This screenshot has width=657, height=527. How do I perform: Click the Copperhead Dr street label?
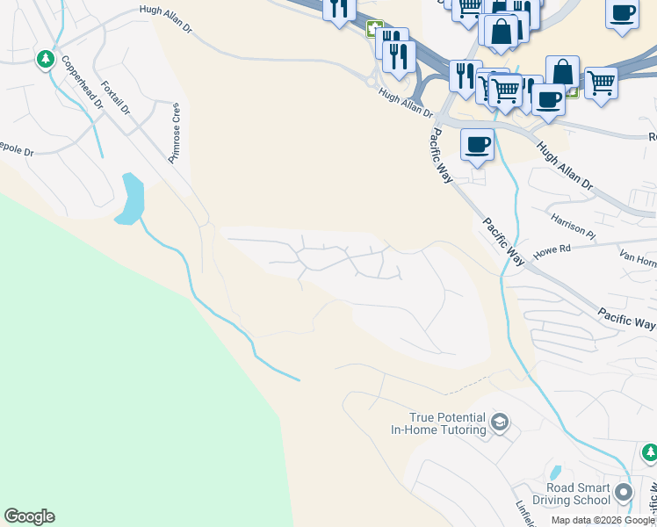point(82,83)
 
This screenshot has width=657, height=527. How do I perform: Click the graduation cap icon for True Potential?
point(499,423)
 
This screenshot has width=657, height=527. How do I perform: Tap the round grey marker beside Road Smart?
point(624,492)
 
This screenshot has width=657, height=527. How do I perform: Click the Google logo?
point(29,516)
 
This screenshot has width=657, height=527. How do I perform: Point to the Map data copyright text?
point(603,520)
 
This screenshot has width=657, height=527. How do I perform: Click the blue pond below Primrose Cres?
point(129,200)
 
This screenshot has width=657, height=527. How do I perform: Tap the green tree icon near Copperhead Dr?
point(45,59)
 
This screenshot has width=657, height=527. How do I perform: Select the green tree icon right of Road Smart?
point(649,452)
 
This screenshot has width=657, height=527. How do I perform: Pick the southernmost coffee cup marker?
point(476,143)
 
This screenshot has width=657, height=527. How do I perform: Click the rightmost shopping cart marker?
point(601,83)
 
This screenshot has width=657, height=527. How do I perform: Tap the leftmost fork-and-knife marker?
point(338,9)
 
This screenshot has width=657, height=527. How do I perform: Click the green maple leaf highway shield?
point(375,29)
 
